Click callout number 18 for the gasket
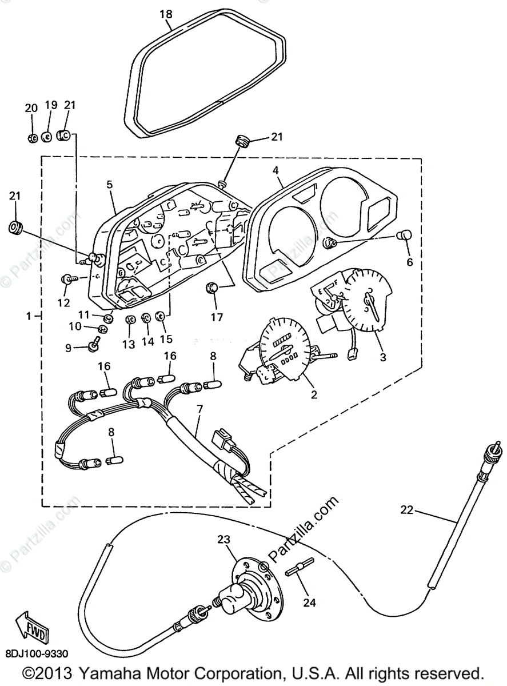(x=166, y=14)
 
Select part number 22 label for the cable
(x=406, y=510)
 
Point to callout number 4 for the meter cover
(x=276, y=170)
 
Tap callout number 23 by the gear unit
(x=223, y=539)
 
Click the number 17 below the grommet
(x=217, y=316)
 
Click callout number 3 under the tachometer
(x=383, y=357)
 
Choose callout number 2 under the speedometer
(x=314, y=394)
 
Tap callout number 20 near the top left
(x=31, y=108)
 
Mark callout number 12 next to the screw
(x=63, y=301)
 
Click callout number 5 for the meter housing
(x=109, y=184)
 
